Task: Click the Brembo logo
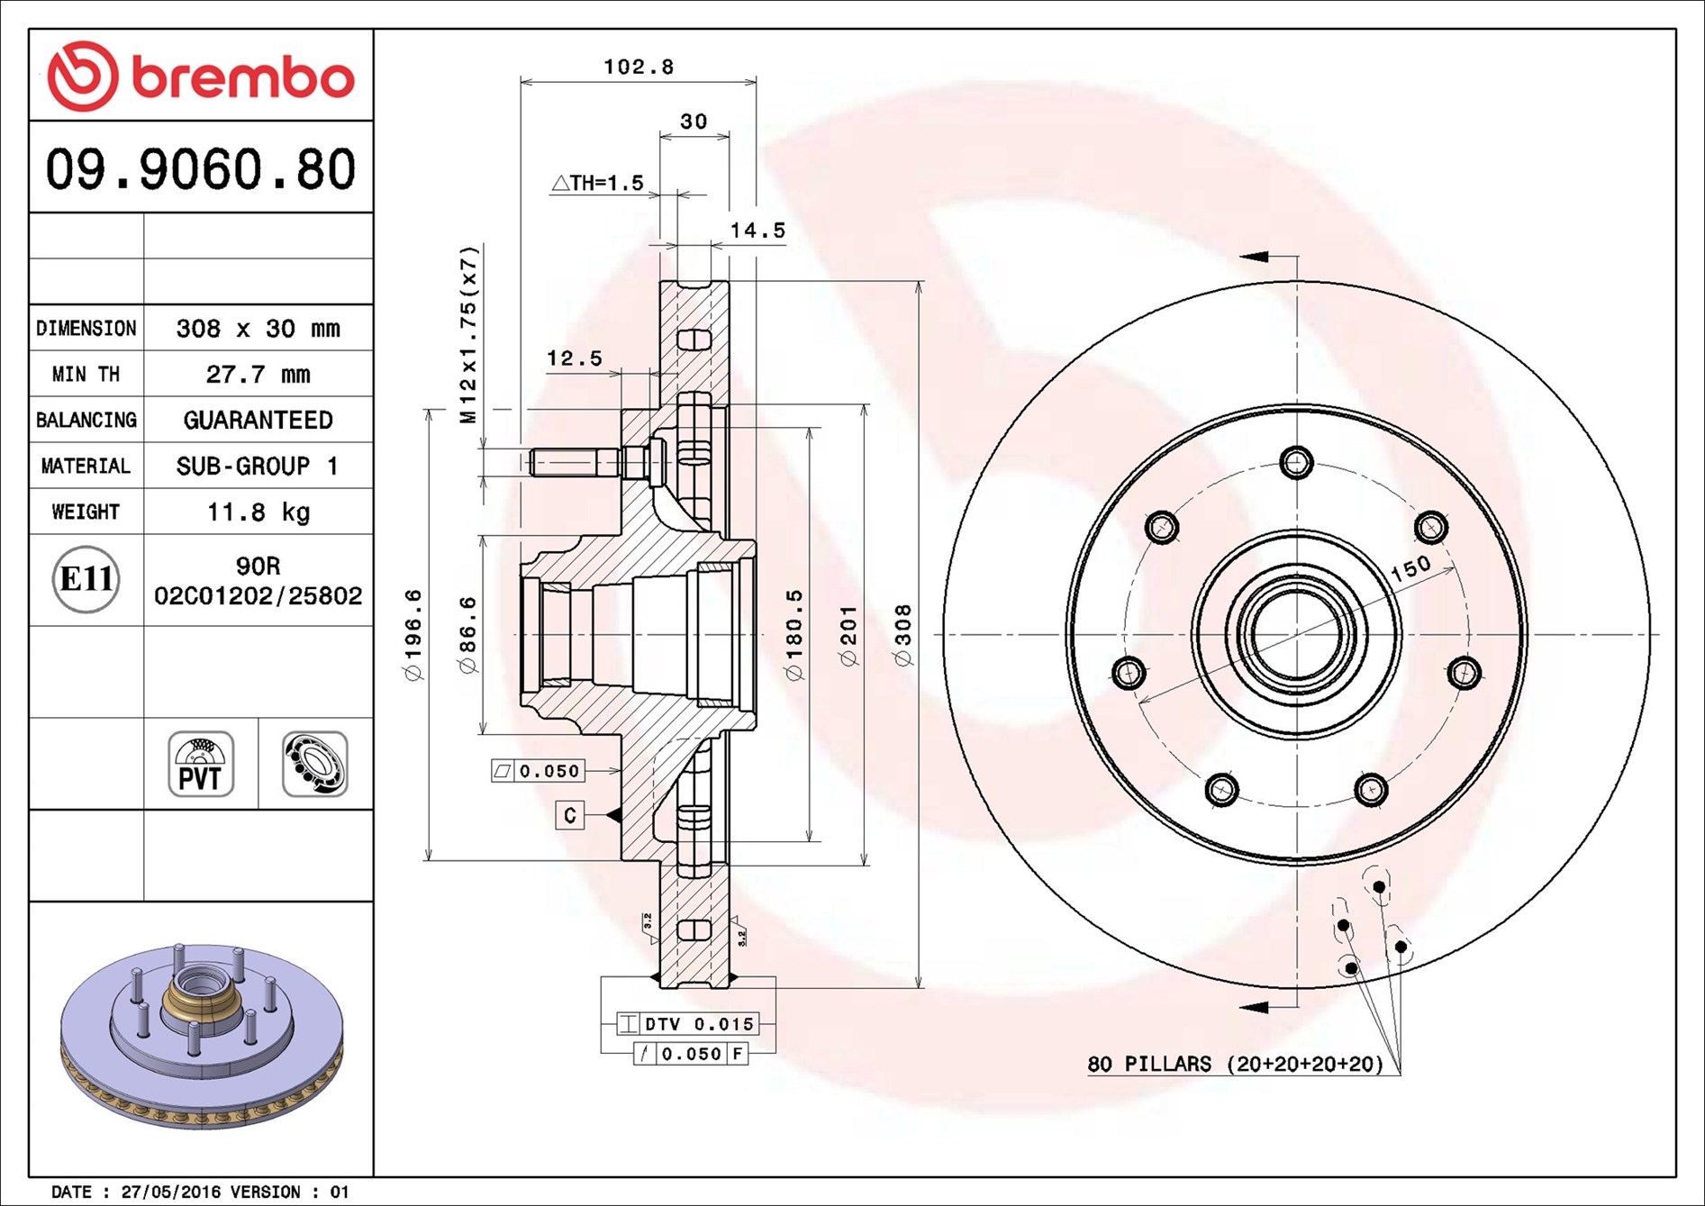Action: pos(201,77)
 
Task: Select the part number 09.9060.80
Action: pos(201,169)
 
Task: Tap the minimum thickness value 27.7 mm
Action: pos(258,374)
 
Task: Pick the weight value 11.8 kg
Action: pos(258,512)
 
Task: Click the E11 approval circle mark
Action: pos(86,579)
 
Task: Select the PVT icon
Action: pos(201,764)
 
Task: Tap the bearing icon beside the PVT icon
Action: pos(315,764)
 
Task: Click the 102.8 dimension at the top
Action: pos(638,67)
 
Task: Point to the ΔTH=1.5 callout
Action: pos(598,183)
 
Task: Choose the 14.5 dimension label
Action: pos(757,231)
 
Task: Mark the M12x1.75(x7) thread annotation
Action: pos(468,334)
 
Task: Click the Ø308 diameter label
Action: pos(902,635)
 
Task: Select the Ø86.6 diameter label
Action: pos(467,635)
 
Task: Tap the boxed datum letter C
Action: pos(569,815)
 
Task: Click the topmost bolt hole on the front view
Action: pos(1296,463)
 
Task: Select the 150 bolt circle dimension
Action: pos(1410,567)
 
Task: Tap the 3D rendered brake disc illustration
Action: pos(201,1036)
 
